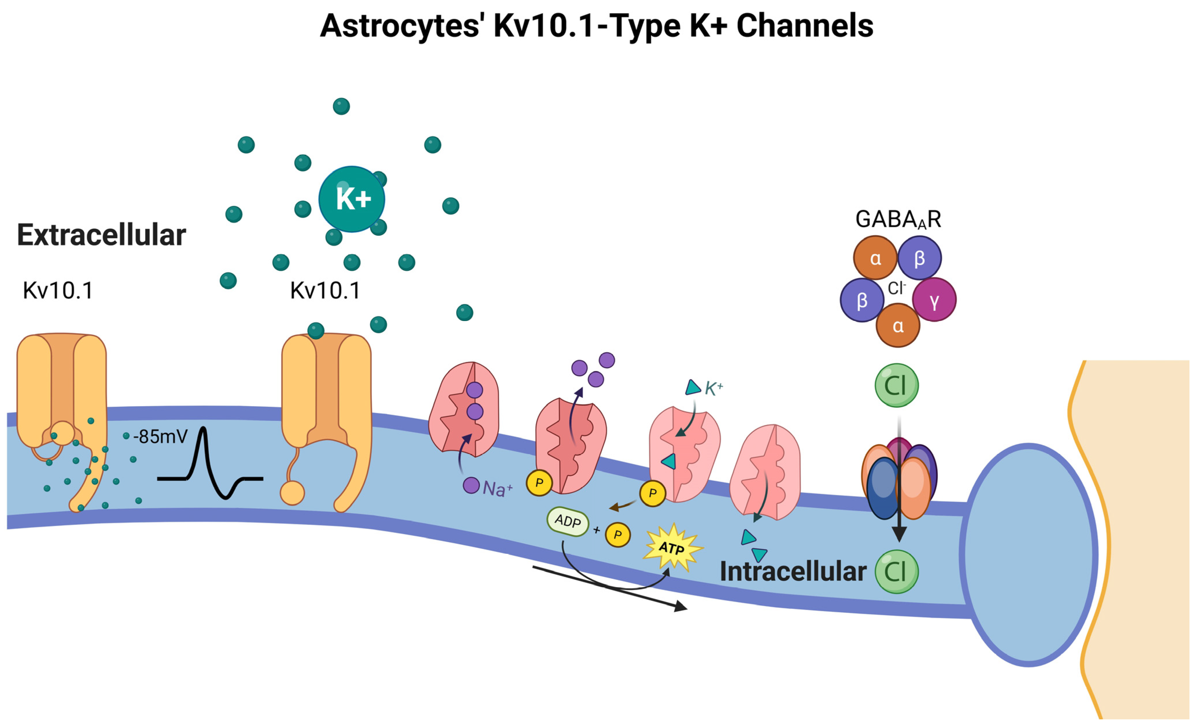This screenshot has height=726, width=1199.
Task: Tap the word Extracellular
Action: pos(101,235)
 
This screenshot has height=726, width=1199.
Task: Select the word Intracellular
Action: pos(793,572)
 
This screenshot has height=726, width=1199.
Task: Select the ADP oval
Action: pos(567,522)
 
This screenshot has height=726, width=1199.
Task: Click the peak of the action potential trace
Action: pos(203,430)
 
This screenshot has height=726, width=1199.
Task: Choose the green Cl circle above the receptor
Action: pos(896,386)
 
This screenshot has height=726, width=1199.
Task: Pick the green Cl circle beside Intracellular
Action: pos(896,572)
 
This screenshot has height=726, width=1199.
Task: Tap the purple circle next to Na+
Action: pos(471,485)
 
